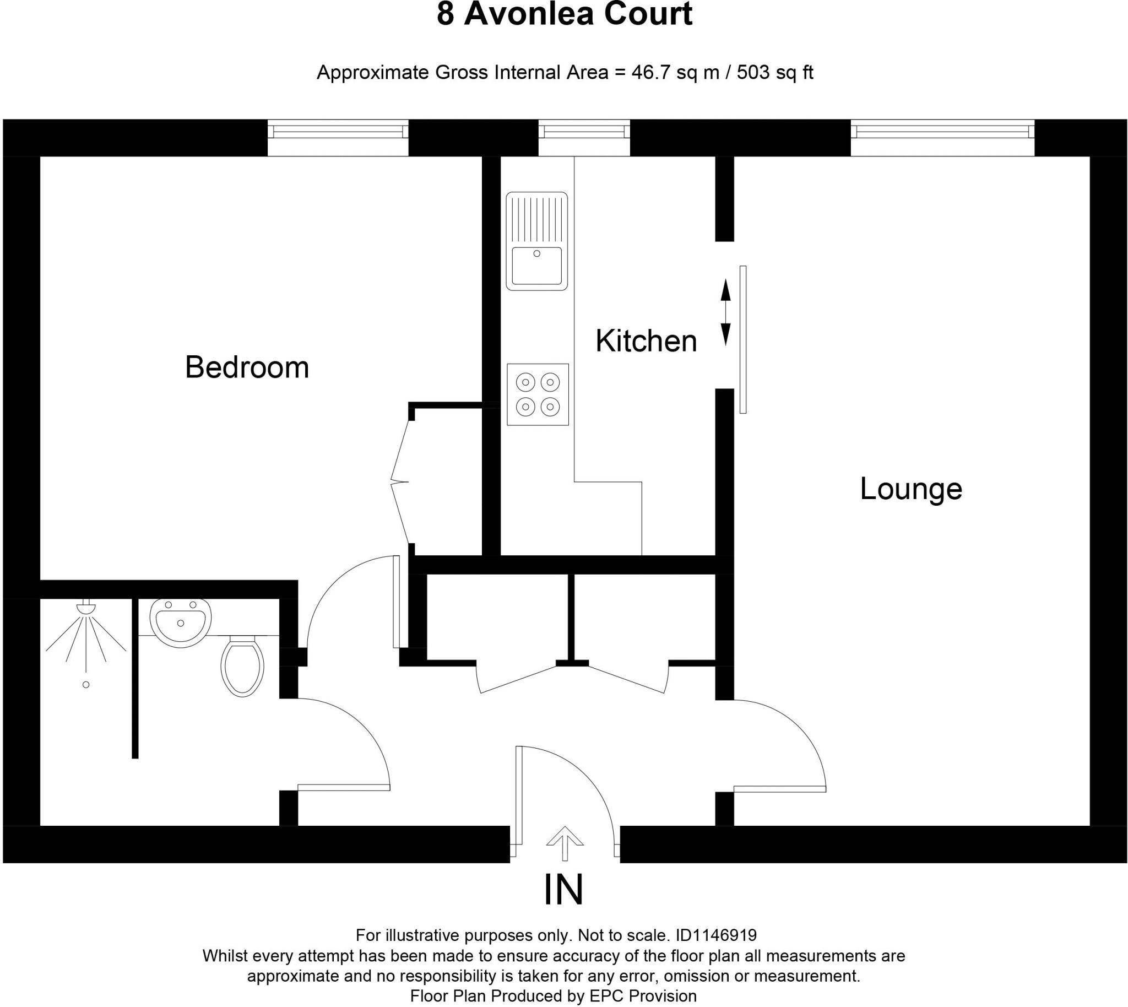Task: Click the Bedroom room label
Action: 247,367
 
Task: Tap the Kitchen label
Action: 646,341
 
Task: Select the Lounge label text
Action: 910,489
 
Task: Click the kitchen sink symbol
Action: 536,241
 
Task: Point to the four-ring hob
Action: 538,394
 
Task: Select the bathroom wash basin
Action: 180,622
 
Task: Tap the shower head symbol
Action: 86,607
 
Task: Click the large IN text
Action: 563,890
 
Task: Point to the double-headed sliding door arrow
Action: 725,312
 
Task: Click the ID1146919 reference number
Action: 716,935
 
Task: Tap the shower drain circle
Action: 86,684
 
